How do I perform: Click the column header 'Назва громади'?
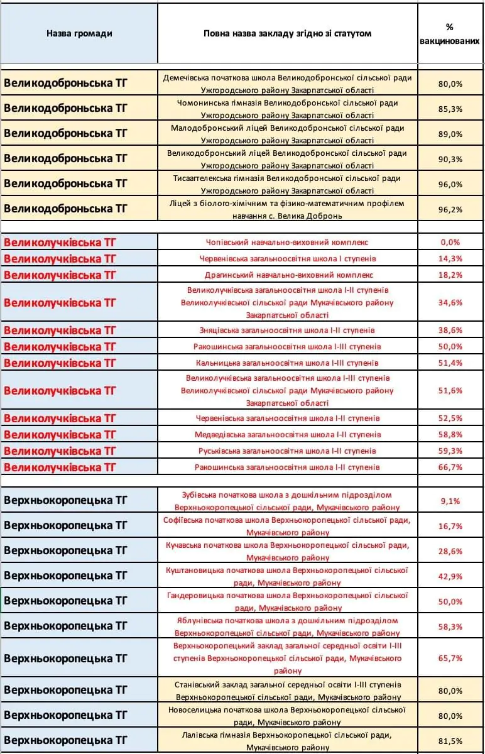[79, 33]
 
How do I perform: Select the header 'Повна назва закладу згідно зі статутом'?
[287, 33]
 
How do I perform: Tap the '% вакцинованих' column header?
[450, 33]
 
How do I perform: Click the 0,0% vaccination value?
[450, 242]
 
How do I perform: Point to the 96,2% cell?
[450, 209]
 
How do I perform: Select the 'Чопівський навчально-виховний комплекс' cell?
[287, 242]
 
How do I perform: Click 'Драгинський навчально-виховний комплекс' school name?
[287, 275]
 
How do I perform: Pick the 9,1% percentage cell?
[450, 501]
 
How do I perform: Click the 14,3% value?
[450, 258]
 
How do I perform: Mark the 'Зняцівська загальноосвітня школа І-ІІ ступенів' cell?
[287, 330]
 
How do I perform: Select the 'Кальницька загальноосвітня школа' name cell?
[287, 363]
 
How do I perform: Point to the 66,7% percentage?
[450, 467]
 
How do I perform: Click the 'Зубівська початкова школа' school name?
[287, 500]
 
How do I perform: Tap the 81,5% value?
[450, 741]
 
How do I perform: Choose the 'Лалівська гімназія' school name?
[287, 741]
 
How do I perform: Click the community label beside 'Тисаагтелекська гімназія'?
[65, 183]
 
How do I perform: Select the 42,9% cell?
[450, 576]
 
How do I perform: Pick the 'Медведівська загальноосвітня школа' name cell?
[287, 434]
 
